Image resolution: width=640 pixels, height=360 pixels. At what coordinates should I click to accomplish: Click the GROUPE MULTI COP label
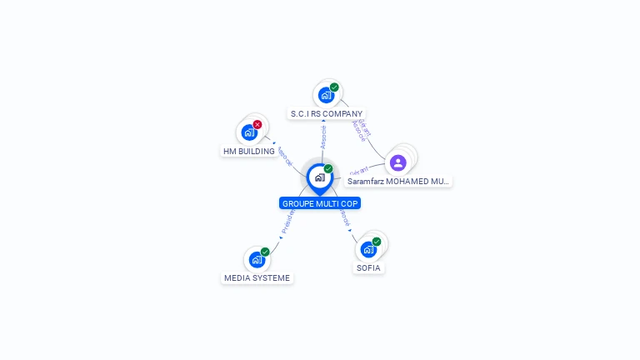321,203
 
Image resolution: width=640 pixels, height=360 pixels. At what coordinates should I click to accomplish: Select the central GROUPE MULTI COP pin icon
319,177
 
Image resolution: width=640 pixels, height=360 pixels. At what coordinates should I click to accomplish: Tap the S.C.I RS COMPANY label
327,113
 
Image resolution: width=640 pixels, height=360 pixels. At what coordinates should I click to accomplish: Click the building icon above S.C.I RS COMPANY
326,95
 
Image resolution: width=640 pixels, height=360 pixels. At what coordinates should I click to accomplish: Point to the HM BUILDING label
248,151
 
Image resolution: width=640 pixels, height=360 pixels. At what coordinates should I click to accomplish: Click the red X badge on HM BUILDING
257,125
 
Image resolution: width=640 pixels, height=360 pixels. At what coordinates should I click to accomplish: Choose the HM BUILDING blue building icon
248,132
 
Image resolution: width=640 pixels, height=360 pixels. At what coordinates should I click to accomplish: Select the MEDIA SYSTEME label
257,277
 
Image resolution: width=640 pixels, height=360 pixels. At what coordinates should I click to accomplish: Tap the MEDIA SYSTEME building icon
257,259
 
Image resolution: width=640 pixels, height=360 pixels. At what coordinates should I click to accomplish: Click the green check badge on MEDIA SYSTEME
265,252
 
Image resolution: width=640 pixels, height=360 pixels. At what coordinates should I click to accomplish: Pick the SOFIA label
368,267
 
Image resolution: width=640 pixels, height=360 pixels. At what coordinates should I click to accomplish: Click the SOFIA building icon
368,248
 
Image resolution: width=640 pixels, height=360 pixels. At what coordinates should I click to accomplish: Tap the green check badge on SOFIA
377,242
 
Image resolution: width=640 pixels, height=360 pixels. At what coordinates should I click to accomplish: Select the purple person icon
398,162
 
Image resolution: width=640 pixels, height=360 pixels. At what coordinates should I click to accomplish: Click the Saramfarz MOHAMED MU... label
397,181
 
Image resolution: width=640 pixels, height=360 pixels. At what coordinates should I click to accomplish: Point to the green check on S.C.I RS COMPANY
334,87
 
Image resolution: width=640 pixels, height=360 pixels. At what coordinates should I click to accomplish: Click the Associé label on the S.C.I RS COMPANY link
323,137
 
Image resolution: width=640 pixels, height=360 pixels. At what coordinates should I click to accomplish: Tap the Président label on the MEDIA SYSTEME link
286,221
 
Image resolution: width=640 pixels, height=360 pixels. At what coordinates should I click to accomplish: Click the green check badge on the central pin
328,169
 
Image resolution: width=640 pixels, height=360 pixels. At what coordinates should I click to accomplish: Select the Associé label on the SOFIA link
344,219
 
